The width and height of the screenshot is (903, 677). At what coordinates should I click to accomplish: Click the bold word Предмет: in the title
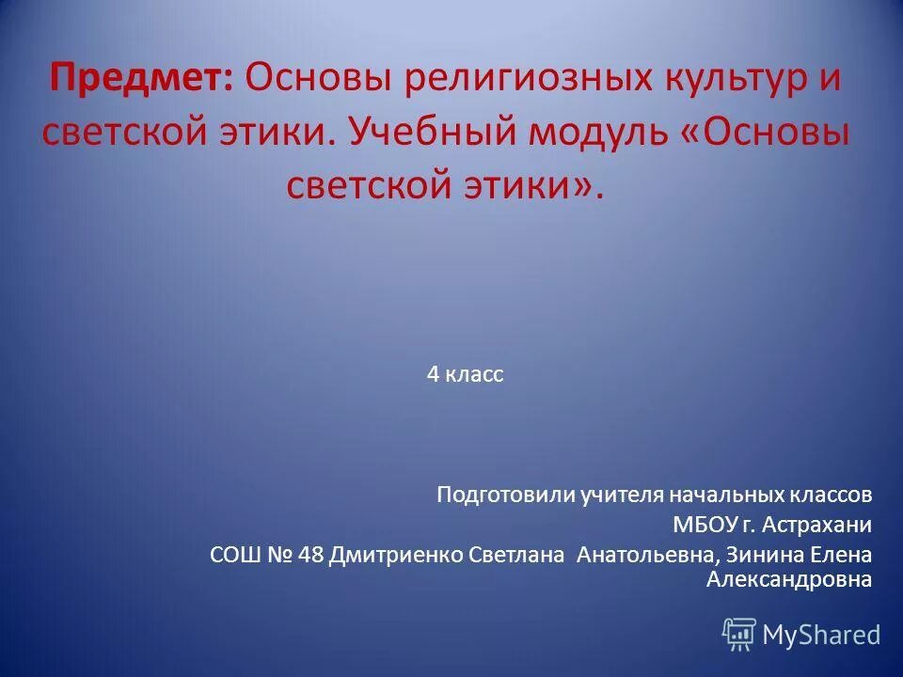[x=142, y=78]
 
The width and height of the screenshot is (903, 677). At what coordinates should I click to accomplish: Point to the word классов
[x=832, y=494]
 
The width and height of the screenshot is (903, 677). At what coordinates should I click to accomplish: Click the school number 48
[x=310, y=554]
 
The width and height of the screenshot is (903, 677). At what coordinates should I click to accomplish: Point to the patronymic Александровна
[x=788, y=579]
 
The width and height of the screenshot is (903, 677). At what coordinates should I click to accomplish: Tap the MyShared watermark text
[x=821, y=635]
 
